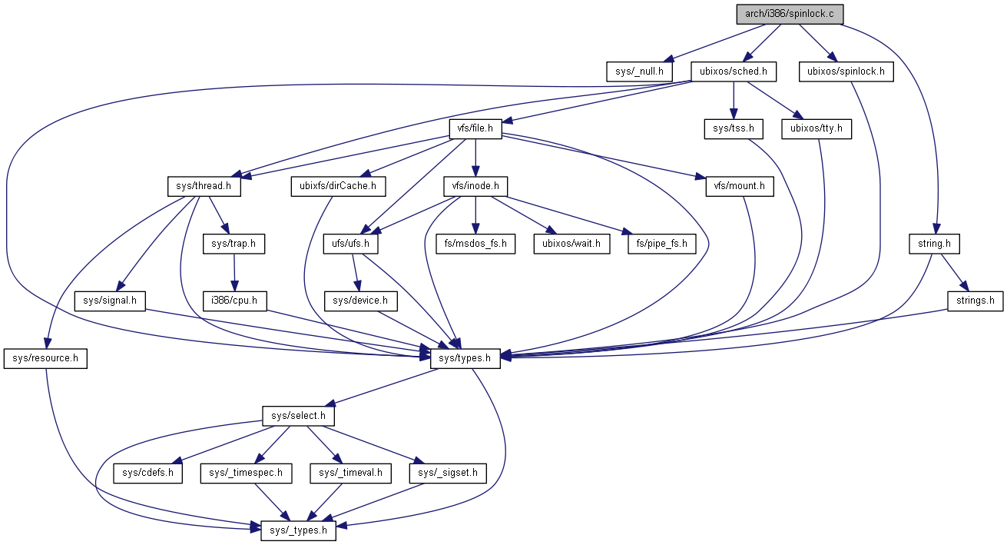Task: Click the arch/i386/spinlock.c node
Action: click(x=790, y=14)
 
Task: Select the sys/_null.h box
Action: click(x=639, y=72)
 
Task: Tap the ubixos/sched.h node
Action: click(x=733, y=72)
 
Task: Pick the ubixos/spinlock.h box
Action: click(x=846, y=72)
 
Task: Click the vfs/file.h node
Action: click(x=475, y=129)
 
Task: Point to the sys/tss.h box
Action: click(x=734, y=129)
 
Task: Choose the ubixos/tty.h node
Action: click(x=817, y=129)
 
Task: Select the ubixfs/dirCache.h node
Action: click(x=338, y=186)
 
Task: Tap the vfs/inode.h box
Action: click(x=476, y=186)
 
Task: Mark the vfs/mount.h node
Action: click(x=740, y=186)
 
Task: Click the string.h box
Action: click(x=934, y=244)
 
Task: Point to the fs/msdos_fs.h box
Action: click(x=475, y=244)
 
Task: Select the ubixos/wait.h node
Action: click(x=571, y=244)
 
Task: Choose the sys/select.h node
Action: click(x=299, y=415)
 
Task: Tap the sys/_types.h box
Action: click(x=299, y=530)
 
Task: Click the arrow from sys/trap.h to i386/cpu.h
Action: click(x=234, y=272)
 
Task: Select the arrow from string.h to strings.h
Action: click(x=953, y=272)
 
